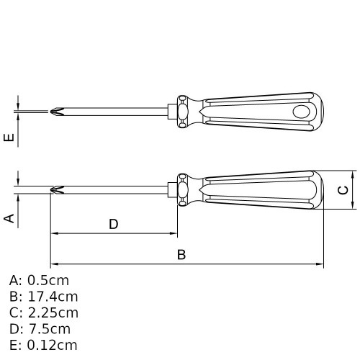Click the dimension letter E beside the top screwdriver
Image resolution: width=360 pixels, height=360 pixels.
coord(9,137)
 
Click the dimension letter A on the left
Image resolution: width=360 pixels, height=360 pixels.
coord(9,218)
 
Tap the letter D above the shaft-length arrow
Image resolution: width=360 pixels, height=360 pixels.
coord(114,224)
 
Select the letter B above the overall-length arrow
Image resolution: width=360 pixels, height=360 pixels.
coord(181,255)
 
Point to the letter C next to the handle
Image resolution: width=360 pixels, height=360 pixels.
coord(343,190)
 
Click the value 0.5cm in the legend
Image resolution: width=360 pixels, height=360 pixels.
coord(48,280)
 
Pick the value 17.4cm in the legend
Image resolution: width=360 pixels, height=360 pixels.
coord(53,297)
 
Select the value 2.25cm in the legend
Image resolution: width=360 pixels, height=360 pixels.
coord(53,313)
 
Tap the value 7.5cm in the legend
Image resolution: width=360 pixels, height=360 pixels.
coord(50,329)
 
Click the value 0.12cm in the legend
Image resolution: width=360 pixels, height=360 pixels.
coord(53,346)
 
